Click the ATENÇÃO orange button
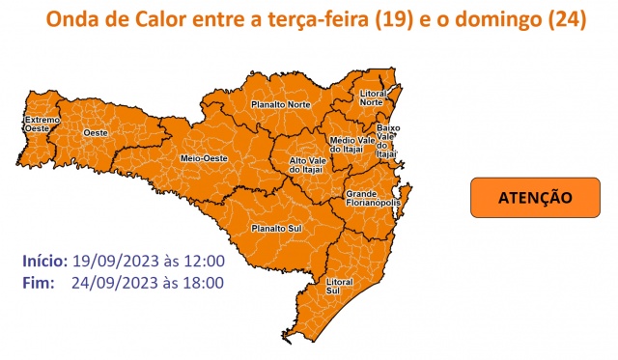click(535, 197)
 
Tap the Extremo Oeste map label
click(42, 124)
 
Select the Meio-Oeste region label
click(204, 157)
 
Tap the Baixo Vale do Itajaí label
click(387, 140)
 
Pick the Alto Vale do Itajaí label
click(306, 165)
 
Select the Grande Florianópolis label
click(368, 199)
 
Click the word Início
click(44, 261)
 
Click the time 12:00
click(205, 261)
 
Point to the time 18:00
click(205, 283)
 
